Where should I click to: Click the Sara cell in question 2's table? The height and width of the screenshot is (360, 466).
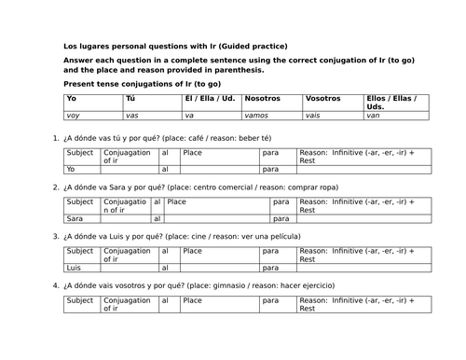coord(76,217)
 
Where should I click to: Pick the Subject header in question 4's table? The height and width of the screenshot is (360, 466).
coord(80,300)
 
